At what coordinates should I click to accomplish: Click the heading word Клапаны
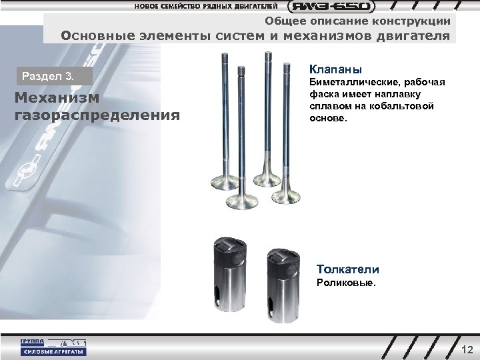tap(334, 69)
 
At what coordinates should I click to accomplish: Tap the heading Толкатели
tap(348, 269)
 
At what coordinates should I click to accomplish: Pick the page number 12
tap(467, 350)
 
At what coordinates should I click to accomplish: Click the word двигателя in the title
tap(419, 35)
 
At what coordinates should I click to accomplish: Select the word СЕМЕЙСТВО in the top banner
tap(182, 7)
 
